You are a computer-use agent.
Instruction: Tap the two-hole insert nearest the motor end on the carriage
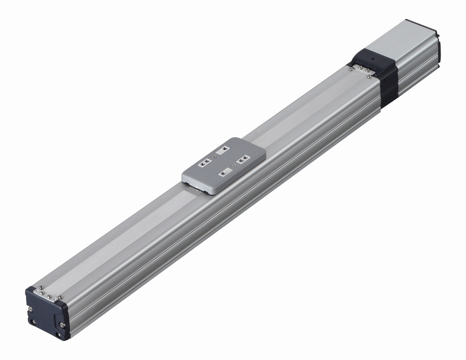pyautogui.click(x=242, y=160)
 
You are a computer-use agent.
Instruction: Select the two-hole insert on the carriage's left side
pyautogui.click(x=205, y=163)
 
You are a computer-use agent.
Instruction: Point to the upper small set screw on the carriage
pyautogui.click(x=214, y=157)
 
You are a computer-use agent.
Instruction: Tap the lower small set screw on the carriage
pyautogui.click(x=234, y=167)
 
